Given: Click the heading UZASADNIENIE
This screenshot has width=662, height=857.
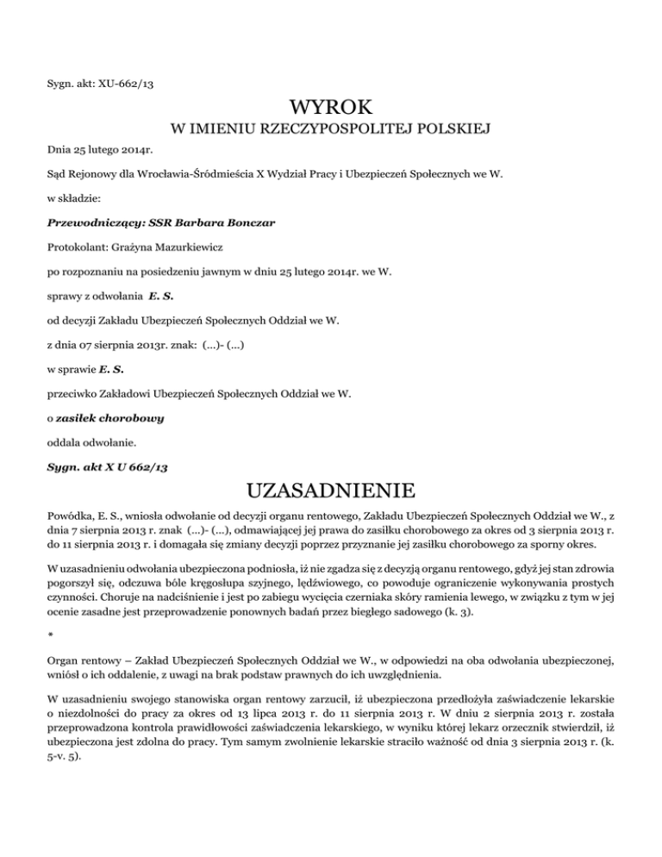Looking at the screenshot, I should point(331,492).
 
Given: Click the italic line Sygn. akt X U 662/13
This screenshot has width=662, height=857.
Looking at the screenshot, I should point(107,466).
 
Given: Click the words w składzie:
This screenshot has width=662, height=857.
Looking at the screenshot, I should point(75,197).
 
